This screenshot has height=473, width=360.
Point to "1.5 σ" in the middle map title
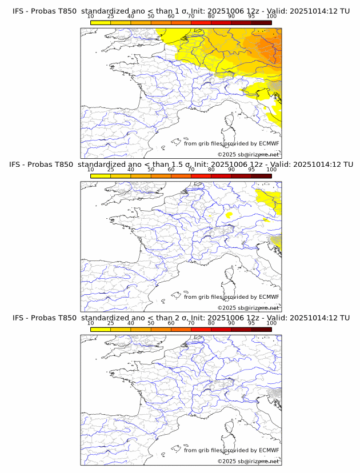(182, 164)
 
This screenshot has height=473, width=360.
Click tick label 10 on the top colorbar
(90, 17)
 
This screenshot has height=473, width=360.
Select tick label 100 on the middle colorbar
(271, 170)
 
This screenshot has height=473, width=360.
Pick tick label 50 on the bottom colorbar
(151, 323)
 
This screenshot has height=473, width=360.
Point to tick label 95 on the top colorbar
(251, 17)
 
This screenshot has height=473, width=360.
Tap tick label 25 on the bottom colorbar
(110, 323)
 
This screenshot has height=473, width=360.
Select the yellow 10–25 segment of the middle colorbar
(101, 175)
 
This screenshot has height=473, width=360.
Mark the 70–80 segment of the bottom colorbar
(201, 329)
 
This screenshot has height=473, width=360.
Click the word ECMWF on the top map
(269, 143)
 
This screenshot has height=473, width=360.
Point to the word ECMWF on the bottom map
(269, 450)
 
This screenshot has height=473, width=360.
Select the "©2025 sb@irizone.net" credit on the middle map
(248, 307)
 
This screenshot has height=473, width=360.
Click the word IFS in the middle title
(18, 164)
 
